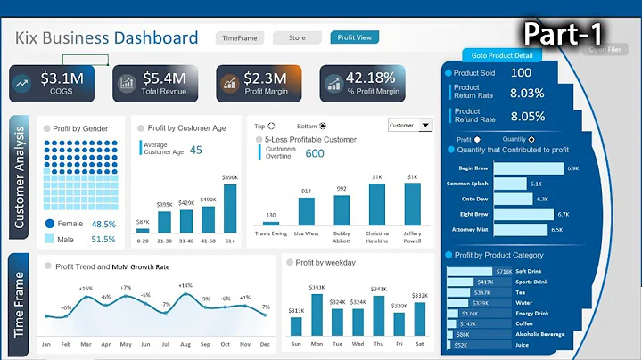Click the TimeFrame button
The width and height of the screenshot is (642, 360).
pos(240,38)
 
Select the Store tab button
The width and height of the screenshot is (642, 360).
pos(297,38)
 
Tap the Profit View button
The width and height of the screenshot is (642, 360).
pos(354,37)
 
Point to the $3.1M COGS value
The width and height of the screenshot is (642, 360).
pos(62,79)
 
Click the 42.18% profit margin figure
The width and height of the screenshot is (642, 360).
pos(370,78)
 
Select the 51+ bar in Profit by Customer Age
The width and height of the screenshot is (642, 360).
pos(230,209)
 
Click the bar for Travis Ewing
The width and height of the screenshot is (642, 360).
pos(270,222)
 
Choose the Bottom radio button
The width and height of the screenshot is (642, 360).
pos(323,126)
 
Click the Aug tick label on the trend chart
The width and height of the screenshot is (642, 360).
pos(185,344)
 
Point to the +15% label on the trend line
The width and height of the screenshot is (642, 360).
pos(86,289)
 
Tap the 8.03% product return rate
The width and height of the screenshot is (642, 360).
pos(526,93)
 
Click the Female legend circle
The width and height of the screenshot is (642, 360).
pos(50,225)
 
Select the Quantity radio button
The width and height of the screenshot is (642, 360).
pos(531,139)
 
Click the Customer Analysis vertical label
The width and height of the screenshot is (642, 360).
pos(20,179)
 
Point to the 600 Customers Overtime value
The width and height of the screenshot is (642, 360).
pos(315,153)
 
